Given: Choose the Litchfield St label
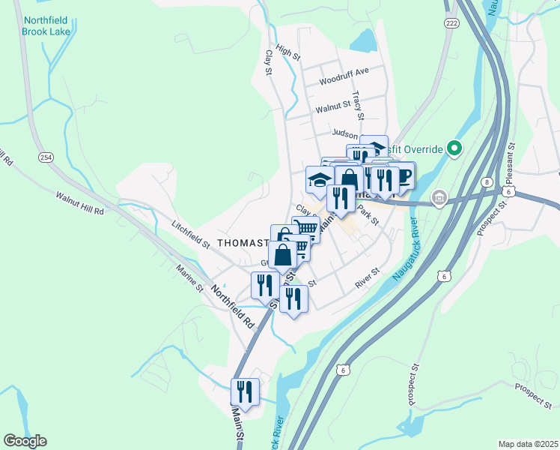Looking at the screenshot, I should (x=191, y=234).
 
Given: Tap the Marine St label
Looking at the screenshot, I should (x=189, y=277).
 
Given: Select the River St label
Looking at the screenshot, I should (x=368, y=279).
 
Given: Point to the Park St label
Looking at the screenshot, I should (x=368, y=214).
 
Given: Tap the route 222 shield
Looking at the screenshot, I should (x=451, y=23).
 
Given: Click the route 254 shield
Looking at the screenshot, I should (x=46, y=156).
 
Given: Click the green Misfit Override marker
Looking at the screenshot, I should (x=453, y=148).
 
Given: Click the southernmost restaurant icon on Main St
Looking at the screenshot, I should (x=245, y=391).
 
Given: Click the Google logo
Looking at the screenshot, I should (x=25, y=441).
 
